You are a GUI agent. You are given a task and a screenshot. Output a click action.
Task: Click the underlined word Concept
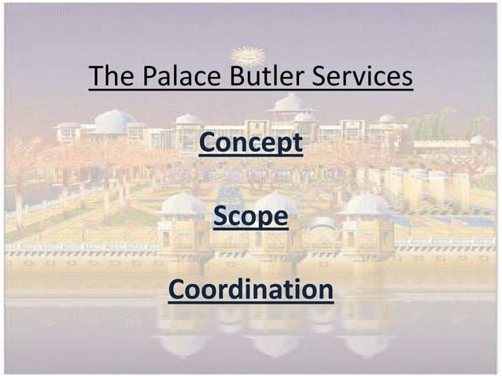[251, 145]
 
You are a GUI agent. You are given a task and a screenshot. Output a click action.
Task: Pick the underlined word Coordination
[250, 289]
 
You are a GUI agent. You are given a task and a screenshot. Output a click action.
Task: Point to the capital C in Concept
[208, 144]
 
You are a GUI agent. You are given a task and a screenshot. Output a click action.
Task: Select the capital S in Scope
[221, 216]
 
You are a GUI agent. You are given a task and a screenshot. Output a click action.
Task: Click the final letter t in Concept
[297, 145]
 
